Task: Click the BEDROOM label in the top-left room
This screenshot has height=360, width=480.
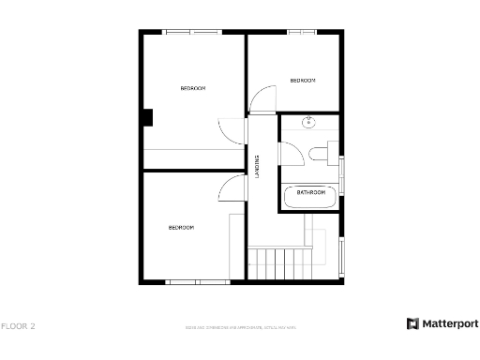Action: pyautogui.click(x=192, y=88)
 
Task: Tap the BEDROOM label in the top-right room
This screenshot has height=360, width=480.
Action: pyautogui.click(x=302, y=81)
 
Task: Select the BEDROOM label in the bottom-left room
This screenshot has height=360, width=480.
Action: pyautogui.click(x=181, y=228)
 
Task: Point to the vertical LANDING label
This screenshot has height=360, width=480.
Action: pyautogui.click(x=258, y=167)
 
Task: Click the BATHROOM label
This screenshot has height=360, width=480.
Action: pyautogui.click(x=311, y=192)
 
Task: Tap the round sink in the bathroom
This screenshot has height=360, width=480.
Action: pyautogui.click(x=308, y=123)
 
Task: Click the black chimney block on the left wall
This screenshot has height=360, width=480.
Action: pyautogui.click(x=148, y=117)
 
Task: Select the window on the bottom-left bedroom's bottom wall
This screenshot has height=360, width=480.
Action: pyautogui.click(x=195, y=281)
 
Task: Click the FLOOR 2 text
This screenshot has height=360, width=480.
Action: pyautogui.click(x=18, y=326)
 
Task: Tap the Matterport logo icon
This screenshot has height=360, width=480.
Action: pyautogui.click(x=412, y=323)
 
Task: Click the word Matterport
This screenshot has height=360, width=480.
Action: pyautogui.click(x=448, y=323)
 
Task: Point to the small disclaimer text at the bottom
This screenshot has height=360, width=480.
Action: pyautogui.click(x=239, y=327)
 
